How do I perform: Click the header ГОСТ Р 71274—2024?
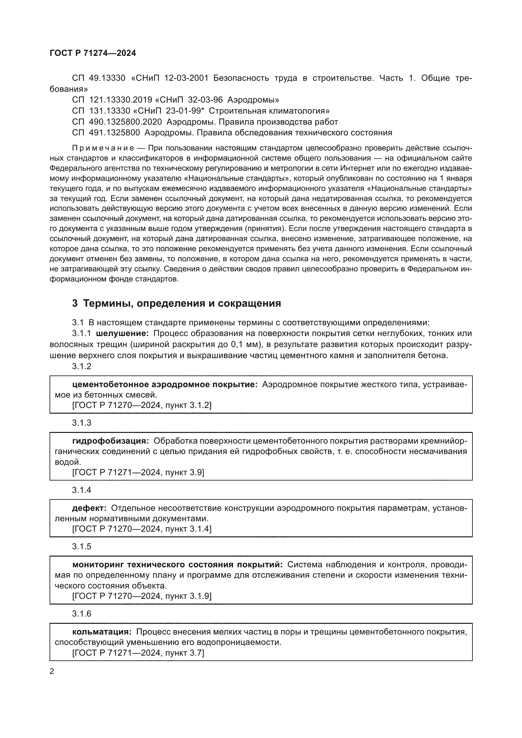[93, 53]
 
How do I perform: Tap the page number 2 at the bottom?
[52, 671]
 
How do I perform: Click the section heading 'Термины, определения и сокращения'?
[182, 304]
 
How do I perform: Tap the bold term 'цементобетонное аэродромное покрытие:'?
[165, 384]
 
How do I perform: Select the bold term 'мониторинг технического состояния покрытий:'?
[177, 565]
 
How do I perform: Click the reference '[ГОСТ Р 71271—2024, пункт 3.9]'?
[138, 472]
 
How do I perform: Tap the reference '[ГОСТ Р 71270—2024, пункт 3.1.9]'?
[142, 596]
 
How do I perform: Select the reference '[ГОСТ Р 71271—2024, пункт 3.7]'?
[138, 653]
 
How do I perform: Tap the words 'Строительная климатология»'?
[269, 111]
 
